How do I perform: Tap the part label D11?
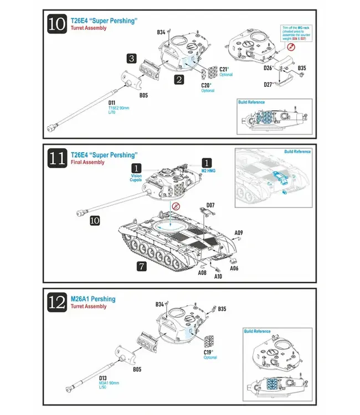112,102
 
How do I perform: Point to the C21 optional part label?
225,70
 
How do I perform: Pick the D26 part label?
268,68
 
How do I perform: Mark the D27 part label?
268,85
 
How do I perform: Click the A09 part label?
238,232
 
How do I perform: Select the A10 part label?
218,276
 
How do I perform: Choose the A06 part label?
234,268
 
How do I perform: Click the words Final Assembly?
87,163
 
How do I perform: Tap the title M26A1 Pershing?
93,299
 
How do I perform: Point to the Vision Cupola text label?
136,178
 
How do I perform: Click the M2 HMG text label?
207,172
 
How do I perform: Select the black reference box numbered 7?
142,267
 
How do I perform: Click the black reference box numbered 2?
179,80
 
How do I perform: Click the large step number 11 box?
57,159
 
